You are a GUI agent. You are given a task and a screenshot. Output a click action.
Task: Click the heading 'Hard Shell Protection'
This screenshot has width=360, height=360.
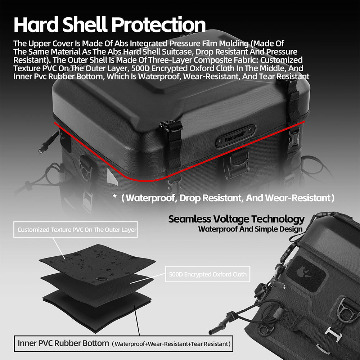[109, 24]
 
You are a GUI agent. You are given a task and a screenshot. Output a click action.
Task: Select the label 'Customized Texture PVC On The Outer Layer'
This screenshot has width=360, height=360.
[77, 230]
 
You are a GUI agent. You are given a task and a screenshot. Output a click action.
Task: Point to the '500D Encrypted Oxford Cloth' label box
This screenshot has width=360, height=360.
[208, 274]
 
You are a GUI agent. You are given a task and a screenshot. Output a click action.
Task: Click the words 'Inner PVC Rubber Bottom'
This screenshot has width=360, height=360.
[63, 343]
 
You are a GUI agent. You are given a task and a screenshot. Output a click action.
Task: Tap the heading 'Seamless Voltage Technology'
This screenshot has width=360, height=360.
[236, 220]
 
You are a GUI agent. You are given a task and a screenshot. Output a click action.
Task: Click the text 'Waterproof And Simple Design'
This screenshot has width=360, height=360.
[250, 229]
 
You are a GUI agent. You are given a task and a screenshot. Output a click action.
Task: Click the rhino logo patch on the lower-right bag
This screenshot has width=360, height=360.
[306, 274]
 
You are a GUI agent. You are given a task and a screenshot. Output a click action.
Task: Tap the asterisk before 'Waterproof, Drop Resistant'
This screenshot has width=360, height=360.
[115, 196]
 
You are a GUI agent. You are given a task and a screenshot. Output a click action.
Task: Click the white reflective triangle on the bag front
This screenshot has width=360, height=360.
[112, 177]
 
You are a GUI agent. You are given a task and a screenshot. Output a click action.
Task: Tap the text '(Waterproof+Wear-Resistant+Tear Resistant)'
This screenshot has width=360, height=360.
[171, 344]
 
